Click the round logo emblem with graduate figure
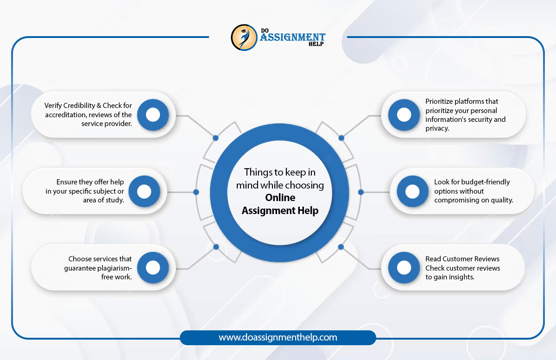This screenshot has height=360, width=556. [244, 38]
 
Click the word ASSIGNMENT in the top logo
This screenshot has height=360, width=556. [293, 37]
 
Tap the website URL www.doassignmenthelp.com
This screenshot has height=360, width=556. [278, 337]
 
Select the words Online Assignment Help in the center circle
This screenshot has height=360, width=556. [280, 204]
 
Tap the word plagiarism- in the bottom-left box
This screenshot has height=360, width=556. [114, 268]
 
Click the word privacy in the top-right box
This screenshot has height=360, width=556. [436, 129]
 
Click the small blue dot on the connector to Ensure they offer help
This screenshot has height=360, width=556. [196, 192]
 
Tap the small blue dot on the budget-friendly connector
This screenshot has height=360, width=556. [361, 192]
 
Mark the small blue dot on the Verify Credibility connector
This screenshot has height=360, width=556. [216, 138]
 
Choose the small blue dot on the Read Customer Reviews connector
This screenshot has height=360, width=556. [341, 247]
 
